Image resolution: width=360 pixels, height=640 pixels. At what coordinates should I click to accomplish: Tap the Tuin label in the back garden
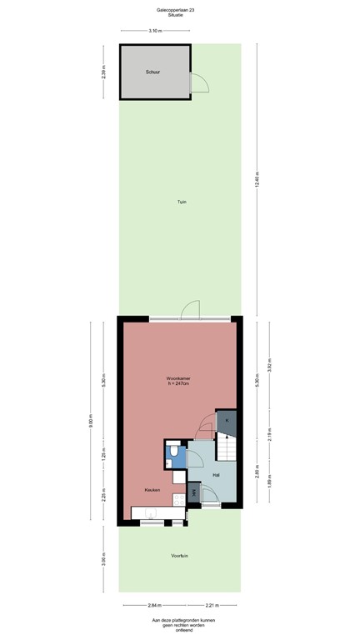click(x=181, y=202)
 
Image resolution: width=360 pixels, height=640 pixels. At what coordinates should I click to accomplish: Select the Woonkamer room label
click(x=178, y=379)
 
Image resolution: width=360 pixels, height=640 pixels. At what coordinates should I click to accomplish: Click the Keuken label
click(x=151, y=490)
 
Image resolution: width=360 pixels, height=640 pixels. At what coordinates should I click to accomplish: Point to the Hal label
click(x=216, y=475)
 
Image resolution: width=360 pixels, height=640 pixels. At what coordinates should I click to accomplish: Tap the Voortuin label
click(x=178, y=554)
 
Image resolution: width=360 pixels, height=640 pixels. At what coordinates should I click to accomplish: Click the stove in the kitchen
click(x=177, y=501)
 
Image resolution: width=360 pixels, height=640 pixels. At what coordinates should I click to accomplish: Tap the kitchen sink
click(x=151, y=512)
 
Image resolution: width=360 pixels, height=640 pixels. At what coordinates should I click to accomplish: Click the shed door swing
click(x=198, y=82)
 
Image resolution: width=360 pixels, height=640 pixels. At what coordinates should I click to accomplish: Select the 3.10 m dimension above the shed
click(x=154, y=31)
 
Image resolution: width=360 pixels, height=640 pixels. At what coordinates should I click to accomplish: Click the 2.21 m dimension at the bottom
click(x=212, y=606)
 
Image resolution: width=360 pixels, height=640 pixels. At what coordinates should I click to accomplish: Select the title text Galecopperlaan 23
click(x=180, y=9)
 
